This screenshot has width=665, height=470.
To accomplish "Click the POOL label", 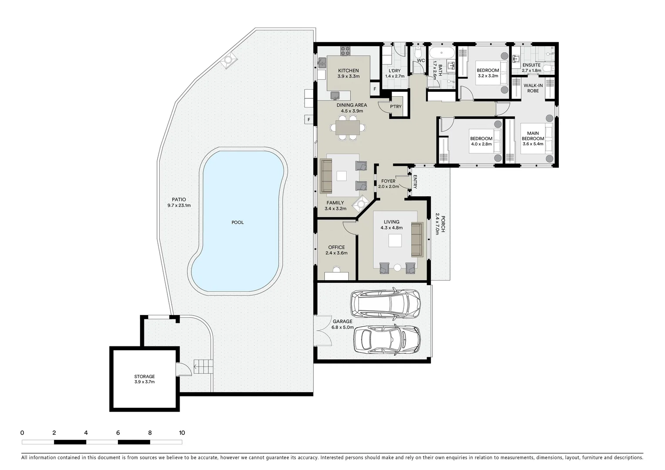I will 237,222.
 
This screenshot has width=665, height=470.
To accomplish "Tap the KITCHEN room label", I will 348,70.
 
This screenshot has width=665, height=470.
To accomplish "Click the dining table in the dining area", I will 348,128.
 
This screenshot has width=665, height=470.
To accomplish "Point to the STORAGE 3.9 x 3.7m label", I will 144,379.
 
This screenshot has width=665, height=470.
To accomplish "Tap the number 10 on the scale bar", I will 182,433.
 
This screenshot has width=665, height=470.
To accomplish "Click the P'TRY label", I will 396,107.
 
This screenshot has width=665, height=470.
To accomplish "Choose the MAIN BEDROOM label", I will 533,138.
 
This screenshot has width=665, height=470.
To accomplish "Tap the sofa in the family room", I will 326,176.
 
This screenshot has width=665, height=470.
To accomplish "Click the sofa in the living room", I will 417,239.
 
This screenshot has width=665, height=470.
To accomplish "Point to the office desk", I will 336,275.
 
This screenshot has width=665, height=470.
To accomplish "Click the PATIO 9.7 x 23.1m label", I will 179,202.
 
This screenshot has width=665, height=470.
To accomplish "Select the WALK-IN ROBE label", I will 533,88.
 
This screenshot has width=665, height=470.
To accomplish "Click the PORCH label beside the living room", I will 441,224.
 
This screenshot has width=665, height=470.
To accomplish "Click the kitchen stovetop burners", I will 345,51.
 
